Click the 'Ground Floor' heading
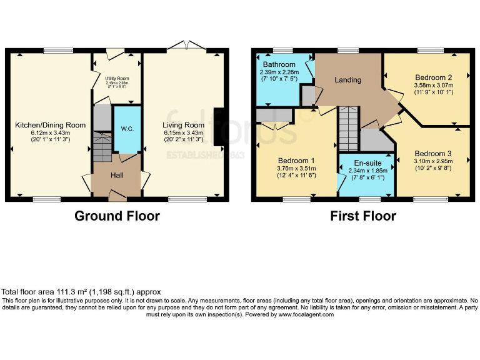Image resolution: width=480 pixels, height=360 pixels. (x=117, y=216)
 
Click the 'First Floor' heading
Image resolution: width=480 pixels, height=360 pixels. (x=363, y=216)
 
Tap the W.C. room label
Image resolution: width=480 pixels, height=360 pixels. (x=127, y=129)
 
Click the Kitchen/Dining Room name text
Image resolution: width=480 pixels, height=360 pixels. (x=50, y=125)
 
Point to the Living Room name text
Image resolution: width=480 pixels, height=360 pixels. (x=184, y=125)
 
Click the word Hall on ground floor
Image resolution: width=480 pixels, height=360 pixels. (x=117, y=176)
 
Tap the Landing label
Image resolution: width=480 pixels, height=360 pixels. (x=347, y=80)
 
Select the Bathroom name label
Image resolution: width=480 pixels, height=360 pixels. (x=279, y=64)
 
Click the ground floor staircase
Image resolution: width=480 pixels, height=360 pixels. (x=101, y=146)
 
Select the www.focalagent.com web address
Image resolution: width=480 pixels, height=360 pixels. (x=306, y=314)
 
